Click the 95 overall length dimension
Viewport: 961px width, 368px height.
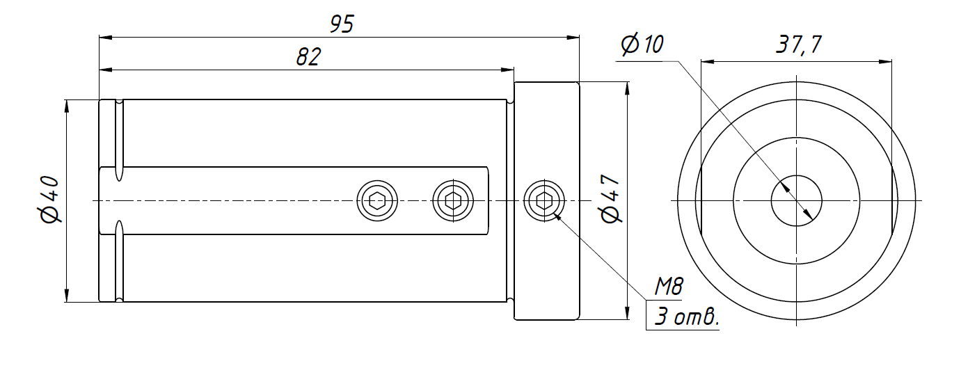(342, 25)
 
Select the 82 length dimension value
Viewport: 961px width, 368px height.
(308, 57)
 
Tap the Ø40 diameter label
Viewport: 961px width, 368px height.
(51, 200)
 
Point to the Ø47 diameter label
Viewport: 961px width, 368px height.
(611, 200)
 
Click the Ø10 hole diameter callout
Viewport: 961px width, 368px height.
(642, 45)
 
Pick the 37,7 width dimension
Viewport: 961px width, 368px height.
(798, 46)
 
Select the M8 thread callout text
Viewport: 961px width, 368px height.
(670, 286)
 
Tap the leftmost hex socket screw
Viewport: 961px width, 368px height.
(378, 202)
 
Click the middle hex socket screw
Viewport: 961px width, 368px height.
(453, 202)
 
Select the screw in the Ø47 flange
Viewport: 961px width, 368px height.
(543, 201)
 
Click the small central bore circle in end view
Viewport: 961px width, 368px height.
(797, 201)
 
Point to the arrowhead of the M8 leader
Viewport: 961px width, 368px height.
(557, 216)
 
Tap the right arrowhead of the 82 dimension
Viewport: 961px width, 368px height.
(508, 70)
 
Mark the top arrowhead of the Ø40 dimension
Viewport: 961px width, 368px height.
(67, 104)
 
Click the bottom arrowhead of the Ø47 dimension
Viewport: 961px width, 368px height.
(628, 314)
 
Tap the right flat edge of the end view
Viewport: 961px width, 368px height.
(891, 201)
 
